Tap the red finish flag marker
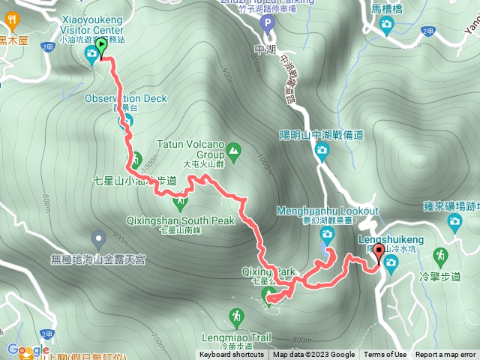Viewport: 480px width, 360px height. (x=379, y=253)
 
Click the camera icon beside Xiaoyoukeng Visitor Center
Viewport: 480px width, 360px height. (x=91, y=53)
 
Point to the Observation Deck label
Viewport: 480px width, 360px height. (x=125, y=98)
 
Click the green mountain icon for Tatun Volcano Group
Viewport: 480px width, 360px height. (x=233, y=151)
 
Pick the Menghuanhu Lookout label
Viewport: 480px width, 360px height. (x=328, y=211)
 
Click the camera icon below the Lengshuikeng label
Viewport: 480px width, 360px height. (x=390, y=262)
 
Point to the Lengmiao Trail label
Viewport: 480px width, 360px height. (x=237, y=337)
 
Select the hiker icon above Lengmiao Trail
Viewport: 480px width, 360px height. (x=237, y=317)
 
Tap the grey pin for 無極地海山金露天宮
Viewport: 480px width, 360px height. (x=98, y=240)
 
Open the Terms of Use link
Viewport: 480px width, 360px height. (x=385, y=355)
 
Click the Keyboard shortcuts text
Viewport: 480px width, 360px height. (x=232, y=355)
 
